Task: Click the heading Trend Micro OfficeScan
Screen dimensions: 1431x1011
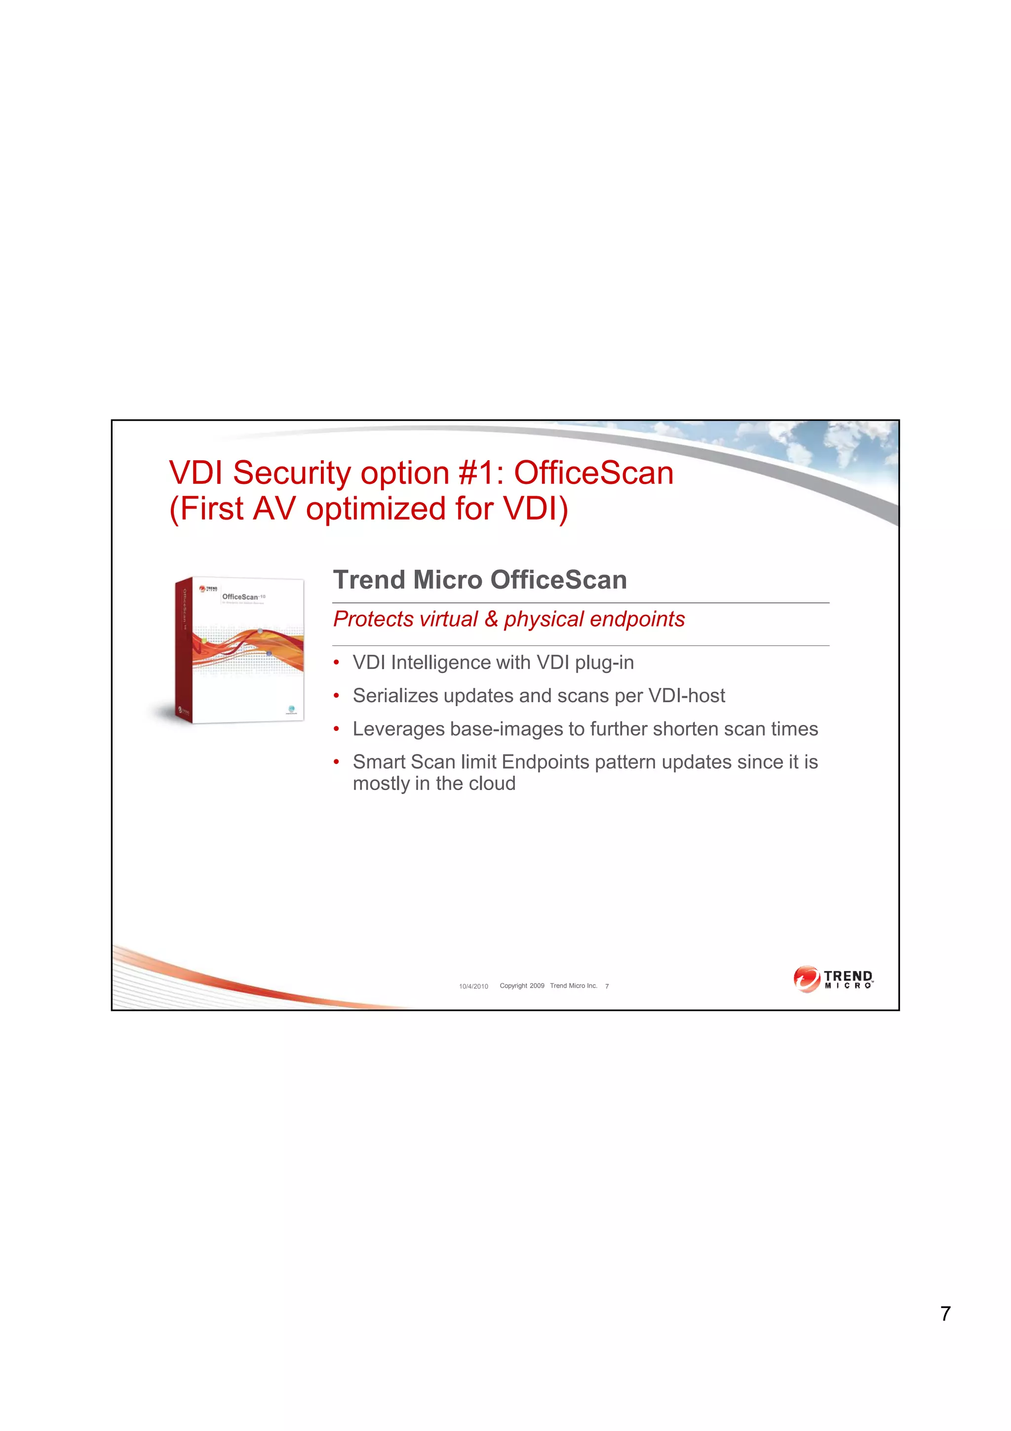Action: coord(480,580)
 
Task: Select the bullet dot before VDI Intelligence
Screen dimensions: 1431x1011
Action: coord(336,663)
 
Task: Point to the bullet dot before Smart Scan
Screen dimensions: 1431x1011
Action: coord(336,762)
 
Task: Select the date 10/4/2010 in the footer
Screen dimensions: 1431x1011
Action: coord(473,986)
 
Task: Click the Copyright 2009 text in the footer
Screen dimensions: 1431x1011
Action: coord(522,986)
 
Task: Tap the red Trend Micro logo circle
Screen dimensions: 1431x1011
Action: coord(807,979)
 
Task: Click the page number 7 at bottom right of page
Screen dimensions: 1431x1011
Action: coord(945,1313)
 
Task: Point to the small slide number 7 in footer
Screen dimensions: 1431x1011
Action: coord(607,986)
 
